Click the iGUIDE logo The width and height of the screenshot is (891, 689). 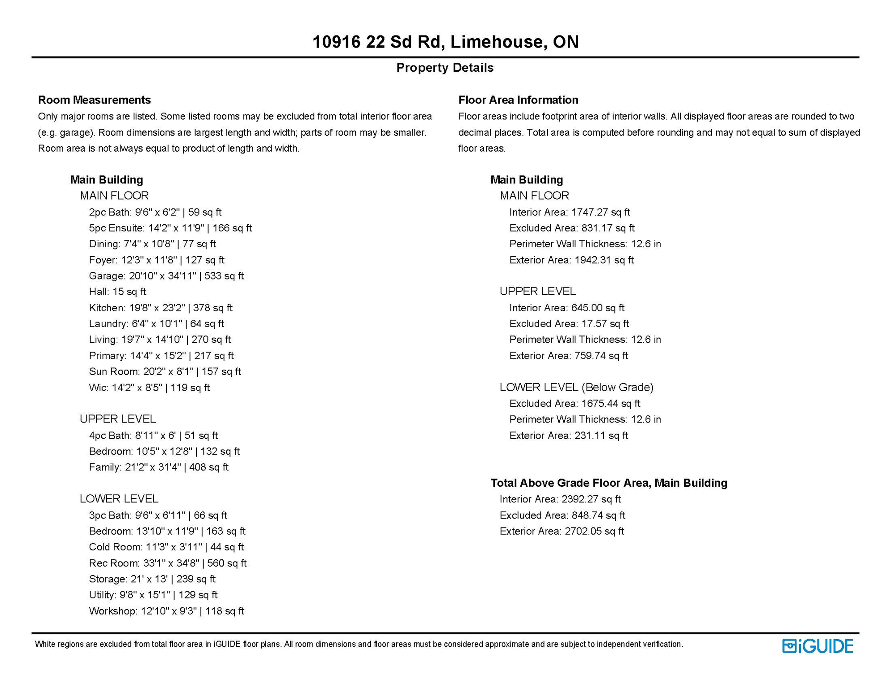click(x=817, y=646)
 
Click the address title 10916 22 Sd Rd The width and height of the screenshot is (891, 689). click(x=445, y=42)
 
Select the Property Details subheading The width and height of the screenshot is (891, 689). click(x=445, y=68)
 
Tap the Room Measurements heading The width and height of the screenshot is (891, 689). click(x=94, y=100)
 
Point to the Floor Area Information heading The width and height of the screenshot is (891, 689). click(x=518, y=100)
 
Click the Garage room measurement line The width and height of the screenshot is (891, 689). click(x=166, y=276)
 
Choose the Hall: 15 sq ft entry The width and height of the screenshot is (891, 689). click(x=117, y=292)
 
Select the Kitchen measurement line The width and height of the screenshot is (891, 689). click(x=160, y=308)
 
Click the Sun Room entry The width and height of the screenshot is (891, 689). click(x=164, y=371)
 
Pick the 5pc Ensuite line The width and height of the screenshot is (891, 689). click(x=170, y=228)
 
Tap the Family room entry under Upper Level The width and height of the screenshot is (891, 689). click(x=159, y=467)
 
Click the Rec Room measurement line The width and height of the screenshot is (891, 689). click(x=168, y=563)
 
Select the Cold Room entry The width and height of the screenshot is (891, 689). click(x=166, y=547)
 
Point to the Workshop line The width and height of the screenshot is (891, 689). click(x=166, y=611)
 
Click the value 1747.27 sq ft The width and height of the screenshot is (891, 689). click(x=601, y=212)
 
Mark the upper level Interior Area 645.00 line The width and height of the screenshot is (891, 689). click(x=567, y=308)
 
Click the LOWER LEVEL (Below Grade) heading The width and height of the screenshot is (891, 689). click(x=576, y=387)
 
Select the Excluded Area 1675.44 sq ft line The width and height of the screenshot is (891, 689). click(x=575, y=403)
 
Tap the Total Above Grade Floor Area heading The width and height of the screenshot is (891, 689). click(x=609, y=483)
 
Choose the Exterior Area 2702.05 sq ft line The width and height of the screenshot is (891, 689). click(x=562, y=531)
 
